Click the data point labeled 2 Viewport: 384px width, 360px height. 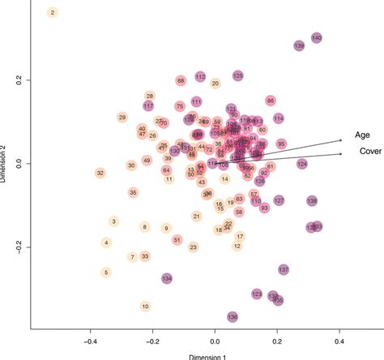(53, 12)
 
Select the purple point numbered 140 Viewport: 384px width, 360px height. (317, 38)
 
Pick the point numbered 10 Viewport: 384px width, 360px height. (145, 306)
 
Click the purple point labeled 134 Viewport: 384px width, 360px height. (167, 279)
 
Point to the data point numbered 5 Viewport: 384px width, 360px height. (106, 272)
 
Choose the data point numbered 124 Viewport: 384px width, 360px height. (302, 164)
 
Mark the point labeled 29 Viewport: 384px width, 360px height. (122, 118)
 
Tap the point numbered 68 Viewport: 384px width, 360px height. (181, 81)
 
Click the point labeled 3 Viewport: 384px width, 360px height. (114, 221)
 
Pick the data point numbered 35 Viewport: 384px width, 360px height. (133, 192)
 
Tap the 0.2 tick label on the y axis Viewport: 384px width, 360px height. (18, 81)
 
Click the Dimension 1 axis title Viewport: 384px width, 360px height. (215, 356)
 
